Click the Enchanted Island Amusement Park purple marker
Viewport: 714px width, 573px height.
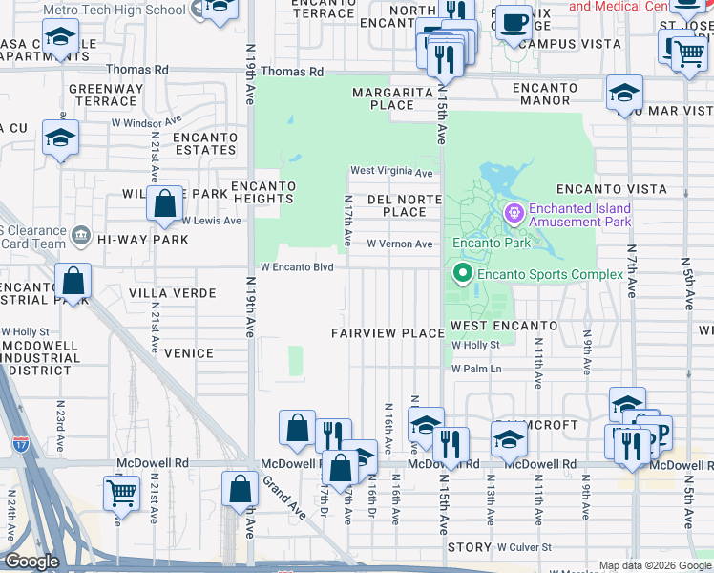coord(514,211)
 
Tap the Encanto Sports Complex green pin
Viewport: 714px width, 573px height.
coord(464,275)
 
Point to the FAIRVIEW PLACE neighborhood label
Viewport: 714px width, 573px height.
coord(388,333)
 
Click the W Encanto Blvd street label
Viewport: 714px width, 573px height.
coord(297,267)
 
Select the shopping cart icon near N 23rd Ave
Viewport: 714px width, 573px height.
coord(121,493)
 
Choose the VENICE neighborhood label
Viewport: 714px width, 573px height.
coord(189,353)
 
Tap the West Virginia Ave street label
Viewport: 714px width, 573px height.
coord(391,172)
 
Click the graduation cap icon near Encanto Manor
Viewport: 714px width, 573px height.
coord(624,93)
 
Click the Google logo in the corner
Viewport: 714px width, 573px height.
coord(31,562)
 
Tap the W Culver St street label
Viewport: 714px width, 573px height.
coord(524,547)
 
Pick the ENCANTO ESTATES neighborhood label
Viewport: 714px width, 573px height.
coord(204,143)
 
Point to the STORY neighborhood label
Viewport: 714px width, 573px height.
coord(469,547)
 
